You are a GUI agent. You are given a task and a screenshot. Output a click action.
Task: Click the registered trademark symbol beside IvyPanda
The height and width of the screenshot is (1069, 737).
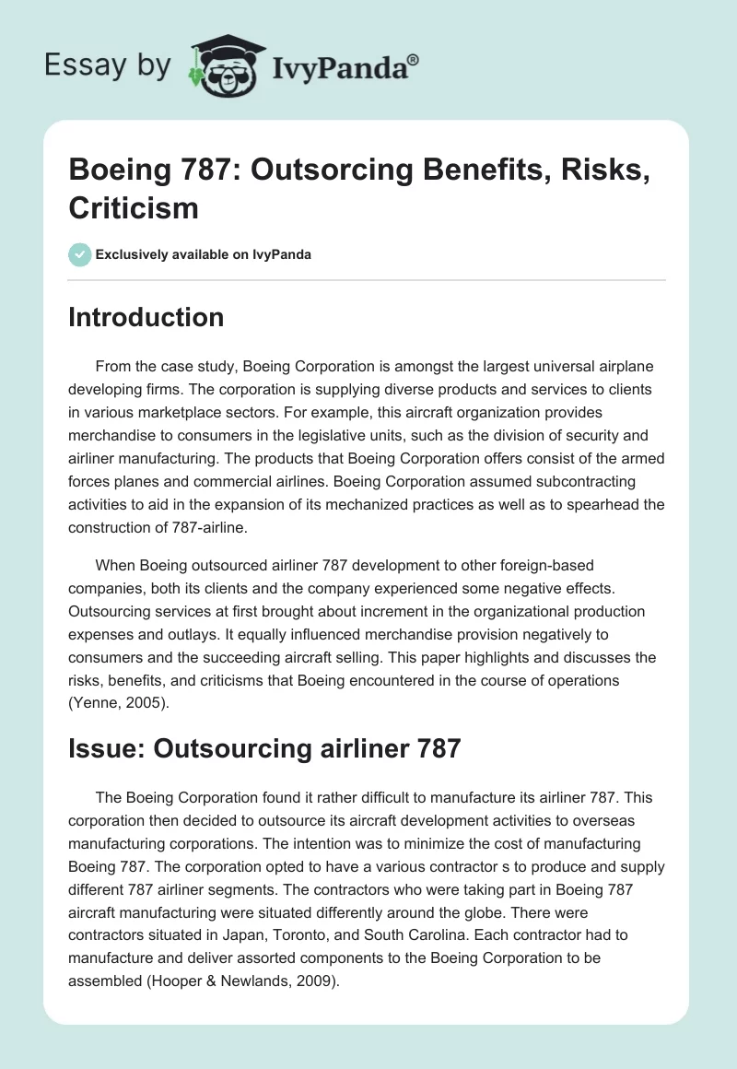[414, 60]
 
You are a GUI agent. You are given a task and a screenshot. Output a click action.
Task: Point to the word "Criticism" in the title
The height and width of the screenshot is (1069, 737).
[134, 207]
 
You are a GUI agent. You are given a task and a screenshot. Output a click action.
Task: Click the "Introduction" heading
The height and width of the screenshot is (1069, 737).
[146, 317]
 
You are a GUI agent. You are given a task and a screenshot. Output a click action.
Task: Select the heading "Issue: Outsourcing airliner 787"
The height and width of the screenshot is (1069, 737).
[264, 748]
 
